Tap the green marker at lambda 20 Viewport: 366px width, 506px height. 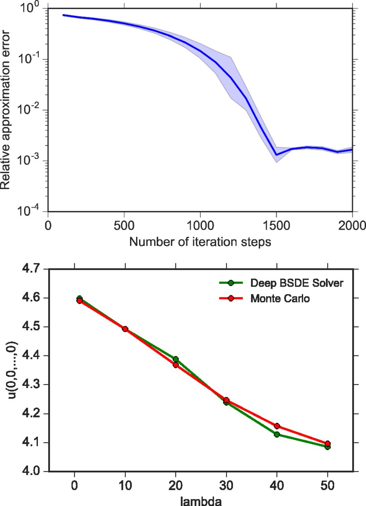175,359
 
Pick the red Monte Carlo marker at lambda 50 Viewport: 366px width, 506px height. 327,444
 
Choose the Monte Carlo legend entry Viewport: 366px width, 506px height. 280,298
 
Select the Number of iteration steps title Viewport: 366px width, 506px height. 200,242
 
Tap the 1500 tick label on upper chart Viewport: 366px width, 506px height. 276,225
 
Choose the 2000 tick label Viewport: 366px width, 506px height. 352,225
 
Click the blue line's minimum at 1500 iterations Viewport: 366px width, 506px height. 276,155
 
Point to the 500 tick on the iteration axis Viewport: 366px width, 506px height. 124,225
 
